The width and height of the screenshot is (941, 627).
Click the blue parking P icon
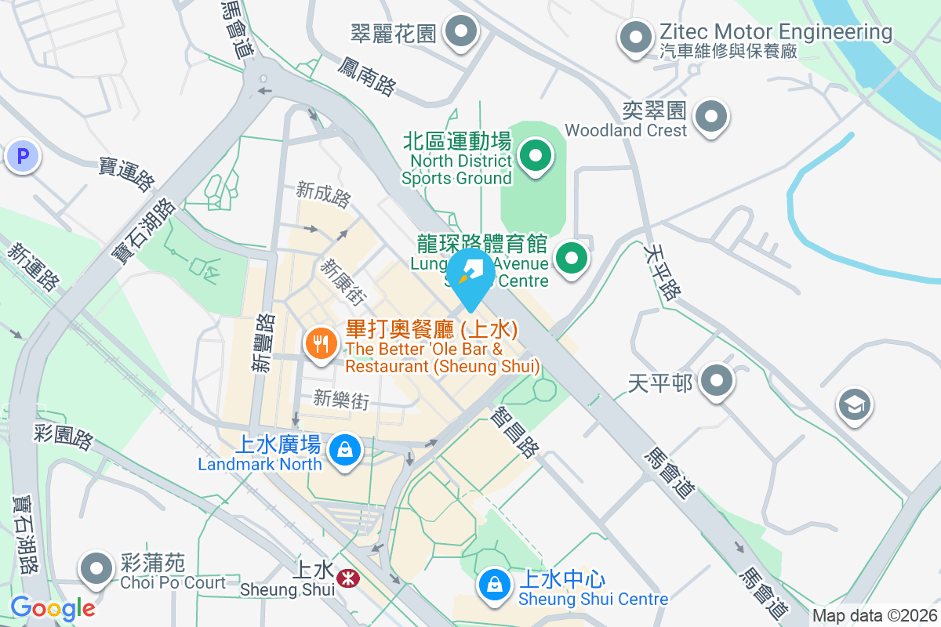[x=22, y=157]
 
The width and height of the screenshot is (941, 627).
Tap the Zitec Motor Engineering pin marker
[x=636, y=37]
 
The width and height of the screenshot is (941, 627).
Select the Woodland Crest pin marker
[x=711, y=117]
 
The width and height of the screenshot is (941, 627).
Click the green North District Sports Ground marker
[x=536, y=154]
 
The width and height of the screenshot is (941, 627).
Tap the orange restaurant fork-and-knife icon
[x=320, y=343]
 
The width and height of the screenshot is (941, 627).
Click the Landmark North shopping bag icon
[x=343, y=450]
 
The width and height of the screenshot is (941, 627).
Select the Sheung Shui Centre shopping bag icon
[x=495, y=584]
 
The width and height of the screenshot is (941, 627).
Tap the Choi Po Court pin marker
[x=96, y=567]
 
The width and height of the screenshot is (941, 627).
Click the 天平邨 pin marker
[x=715, y=382]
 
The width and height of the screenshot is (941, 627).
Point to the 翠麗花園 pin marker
[x=461, y=32]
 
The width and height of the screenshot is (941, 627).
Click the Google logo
[x=53, y=607]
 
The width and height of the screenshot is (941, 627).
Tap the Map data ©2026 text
[x=874, y=615]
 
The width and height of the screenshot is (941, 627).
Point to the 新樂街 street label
[x=341, y=400]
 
